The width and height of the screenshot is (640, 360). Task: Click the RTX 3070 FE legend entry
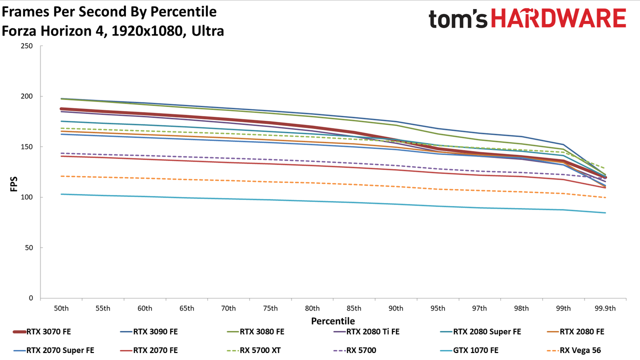42,331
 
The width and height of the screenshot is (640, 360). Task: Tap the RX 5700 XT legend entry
253,350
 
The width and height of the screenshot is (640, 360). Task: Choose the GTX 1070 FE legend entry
469,350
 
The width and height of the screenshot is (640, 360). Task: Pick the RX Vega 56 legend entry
574,350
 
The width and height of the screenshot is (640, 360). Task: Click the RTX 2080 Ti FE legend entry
366,331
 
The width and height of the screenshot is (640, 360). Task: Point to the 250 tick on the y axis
26,46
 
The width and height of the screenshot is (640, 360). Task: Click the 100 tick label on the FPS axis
26,197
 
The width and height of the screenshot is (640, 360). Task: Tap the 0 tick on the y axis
31,298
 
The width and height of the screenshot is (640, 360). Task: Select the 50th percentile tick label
61,308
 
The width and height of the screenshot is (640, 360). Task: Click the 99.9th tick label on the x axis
605,308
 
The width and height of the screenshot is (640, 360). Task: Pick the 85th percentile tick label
354,308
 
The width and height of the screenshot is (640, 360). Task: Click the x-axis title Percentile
333,321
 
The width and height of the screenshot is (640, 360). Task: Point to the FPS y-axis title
13,184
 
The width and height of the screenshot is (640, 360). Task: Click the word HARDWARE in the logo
558,18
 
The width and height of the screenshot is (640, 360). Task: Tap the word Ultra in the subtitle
207,31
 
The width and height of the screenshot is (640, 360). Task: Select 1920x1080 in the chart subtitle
147,31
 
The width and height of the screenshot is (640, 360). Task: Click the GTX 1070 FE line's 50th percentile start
61,194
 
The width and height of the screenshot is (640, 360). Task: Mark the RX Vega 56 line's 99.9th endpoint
605,197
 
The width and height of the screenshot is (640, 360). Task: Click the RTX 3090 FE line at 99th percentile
563,144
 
